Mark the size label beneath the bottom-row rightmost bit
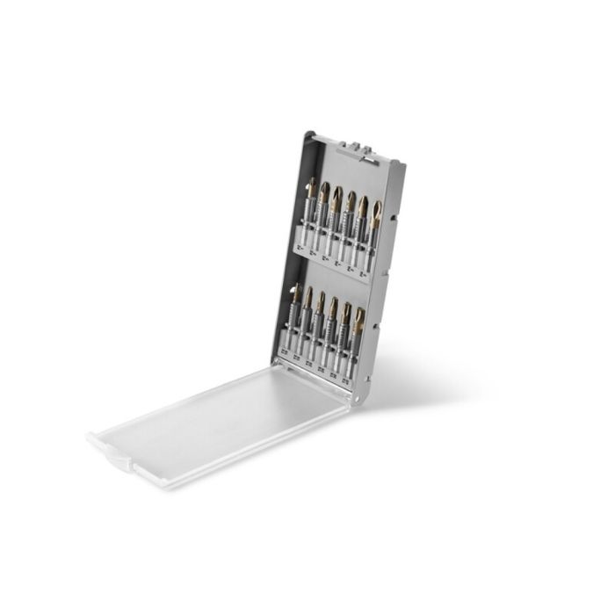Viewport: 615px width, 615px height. point(348,384)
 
